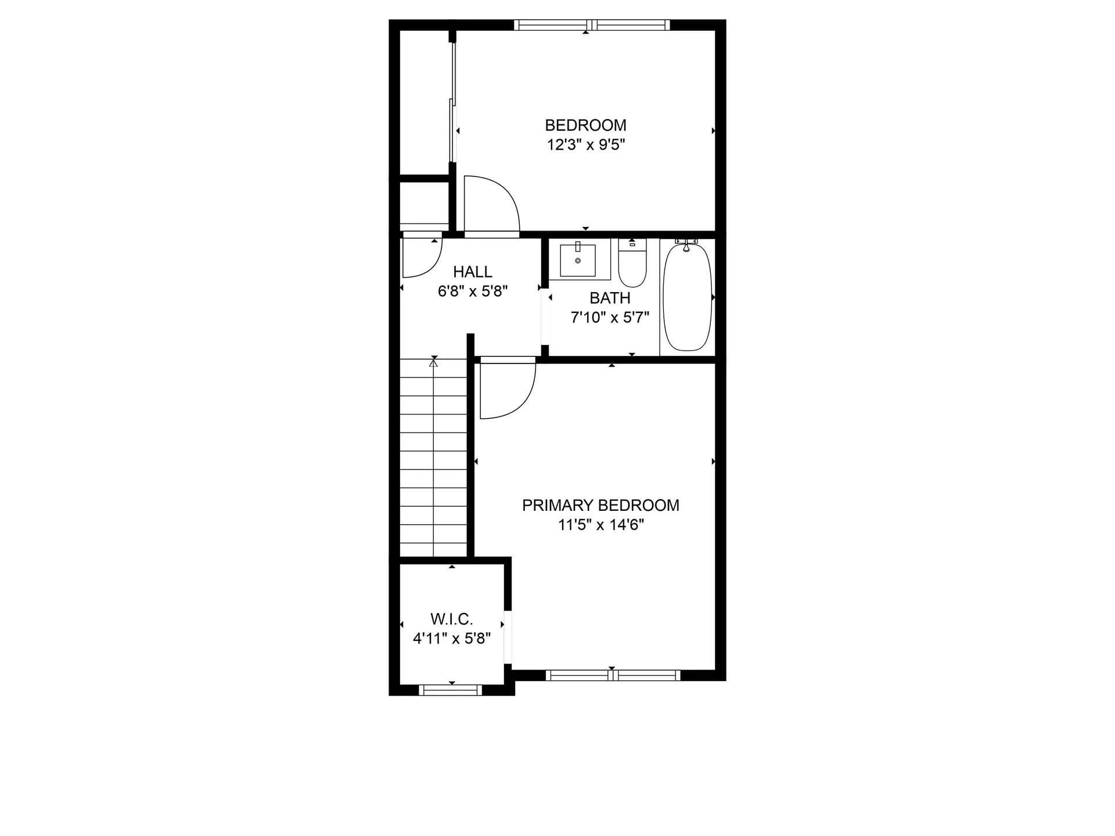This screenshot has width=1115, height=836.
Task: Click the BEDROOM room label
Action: pyautogui.click(x=585, y=125)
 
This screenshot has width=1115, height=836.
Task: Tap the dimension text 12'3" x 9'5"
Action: pyautogui.click(x=585, y=145)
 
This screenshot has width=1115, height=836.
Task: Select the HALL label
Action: pyautogui.click(x=473, y=272)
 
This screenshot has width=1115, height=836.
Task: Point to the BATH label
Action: pyautogui.click(x=610, y=298)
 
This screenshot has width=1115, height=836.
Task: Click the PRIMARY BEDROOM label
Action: pyautogui.click(x=600, y=506)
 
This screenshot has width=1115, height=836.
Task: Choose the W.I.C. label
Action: pyautogui.click(x=452, y=619)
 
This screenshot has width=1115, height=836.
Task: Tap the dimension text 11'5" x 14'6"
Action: pyautogui.click(x=600, y=525)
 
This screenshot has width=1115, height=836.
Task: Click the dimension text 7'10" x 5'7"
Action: pyautogui.click(x=610, y=318)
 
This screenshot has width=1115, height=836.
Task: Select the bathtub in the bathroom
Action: pyautogui.click(x=687, y=297)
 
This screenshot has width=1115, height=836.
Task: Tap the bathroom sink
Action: pyautogui.click(x=578, y=261)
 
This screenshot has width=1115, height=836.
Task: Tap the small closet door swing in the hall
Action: pyautogui.click(x=421, y=256)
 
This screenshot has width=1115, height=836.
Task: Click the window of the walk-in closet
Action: pyautogui.click(x=451, y=690)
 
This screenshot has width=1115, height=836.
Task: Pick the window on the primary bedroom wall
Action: pyautogui.click(x=613, y=675)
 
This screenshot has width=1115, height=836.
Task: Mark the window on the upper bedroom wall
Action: pyautogui.click(x=592, y=25)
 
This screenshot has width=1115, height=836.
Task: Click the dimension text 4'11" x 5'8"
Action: pyautogui.click(x=452, y=639)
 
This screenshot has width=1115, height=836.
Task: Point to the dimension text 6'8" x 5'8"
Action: pyautogui.click(x=473, y=291)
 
